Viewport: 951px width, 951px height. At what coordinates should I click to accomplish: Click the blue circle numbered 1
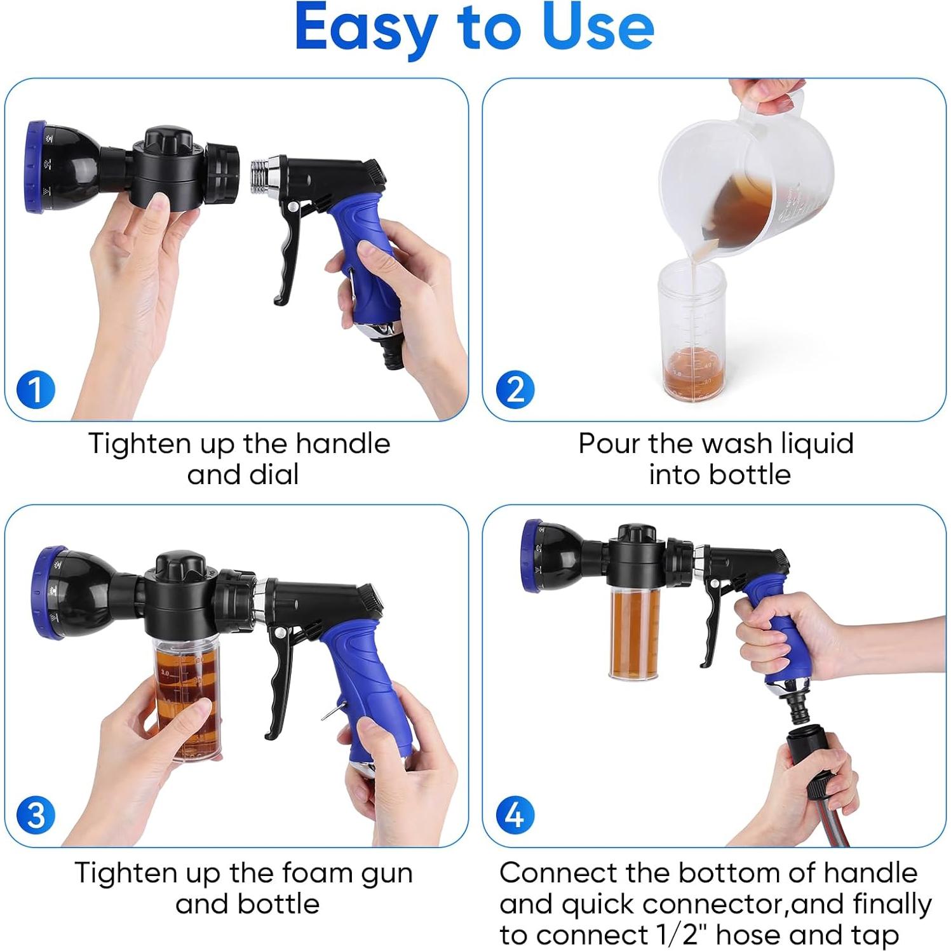tap(36, 389)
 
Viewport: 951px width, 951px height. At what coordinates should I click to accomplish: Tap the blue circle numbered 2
tap(515, 389)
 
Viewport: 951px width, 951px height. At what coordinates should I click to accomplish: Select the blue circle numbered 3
tap(36, 815)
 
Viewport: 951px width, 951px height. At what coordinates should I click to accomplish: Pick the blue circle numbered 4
tap(515, 815)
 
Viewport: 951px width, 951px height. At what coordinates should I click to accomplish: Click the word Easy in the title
tap(365, 29)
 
